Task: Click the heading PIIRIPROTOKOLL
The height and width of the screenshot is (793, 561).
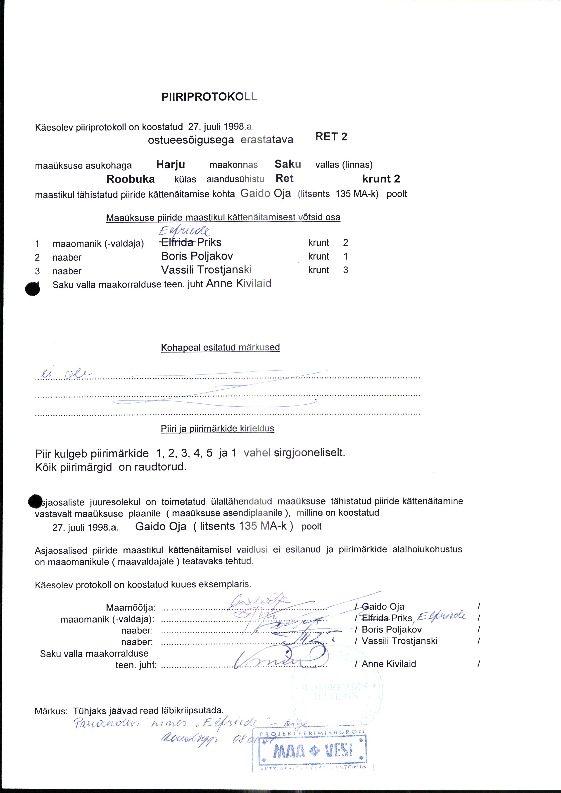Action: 209,97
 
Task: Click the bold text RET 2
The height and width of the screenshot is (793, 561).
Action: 331,137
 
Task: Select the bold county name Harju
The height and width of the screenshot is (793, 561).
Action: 171,164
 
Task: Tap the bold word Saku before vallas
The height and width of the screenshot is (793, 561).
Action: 288,164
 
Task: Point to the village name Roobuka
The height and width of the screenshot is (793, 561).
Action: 131,179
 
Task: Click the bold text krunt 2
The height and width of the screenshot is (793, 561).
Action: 381,179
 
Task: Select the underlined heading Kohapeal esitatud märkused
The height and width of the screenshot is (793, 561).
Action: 220,348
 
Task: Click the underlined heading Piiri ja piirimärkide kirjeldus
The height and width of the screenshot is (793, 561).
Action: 217,429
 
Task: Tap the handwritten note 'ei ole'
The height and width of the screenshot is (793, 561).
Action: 65,374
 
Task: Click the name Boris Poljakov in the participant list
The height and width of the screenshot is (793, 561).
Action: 197,256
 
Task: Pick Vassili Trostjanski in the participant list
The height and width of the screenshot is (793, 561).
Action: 206,270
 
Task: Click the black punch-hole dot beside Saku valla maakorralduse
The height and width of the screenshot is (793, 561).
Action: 33,289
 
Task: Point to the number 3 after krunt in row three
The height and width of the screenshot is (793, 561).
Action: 345,270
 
